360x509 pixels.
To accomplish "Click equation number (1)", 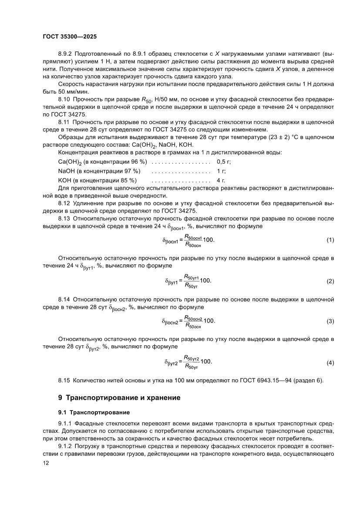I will pyautogui.click(x=330, y=240).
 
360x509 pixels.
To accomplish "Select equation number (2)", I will pyautogui.click(x=330, y=281).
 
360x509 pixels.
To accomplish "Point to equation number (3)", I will pyautogui.click(x=330, y=321).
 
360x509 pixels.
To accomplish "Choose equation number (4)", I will pyautogui.click(x=330, y=362).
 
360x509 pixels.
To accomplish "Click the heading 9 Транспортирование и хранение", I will pyautogui.click(x=119, y=398).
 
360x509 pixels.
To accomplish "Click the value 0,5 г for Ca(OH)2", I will pyautogui.click(x=223, y=162).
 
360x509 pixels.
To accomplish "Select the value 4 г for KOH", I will pyautogui.click(x=220, y=180).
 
